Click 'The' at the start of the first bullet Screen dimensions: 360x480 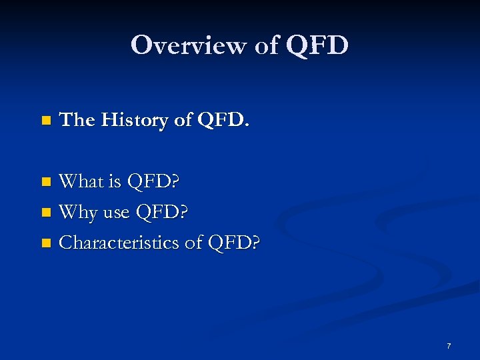pos(77,120)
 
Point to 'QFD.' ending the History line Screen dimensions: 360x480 pos(223,120)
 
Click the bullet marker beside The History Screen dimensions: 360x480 pos(45,121)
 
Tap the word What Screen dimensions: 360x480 pos(83,181)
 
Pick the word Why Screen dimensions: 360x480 pos(78,213)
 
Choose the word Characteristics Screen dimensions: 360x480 pos(119,243)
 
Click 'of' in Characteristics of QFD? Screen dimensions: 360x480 pos(193,243)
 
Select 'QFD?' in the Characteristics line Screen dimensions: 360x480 pos(234,243)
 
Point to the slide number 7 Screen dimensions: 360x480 pos(449,346)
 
